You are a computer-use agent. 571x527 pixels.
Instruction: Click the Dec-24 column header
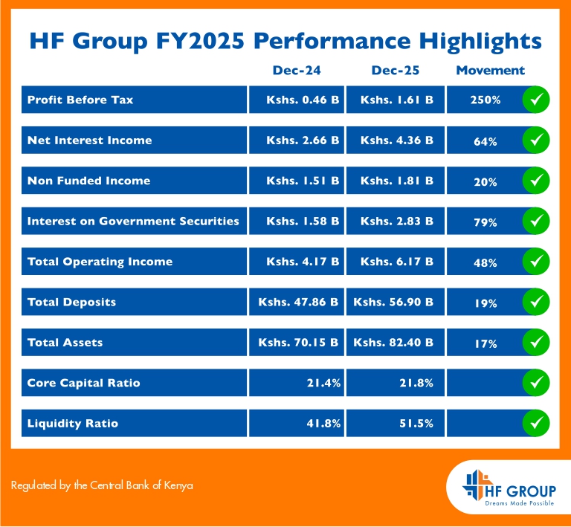tap(296, 71)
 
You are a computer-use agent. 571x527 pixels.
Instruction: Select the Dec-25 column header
tap(395, 71)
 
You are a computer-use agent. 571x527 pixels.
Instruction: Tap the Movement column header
tap(490, 71)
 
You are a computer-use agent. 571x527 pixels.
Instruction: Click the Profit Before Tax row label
tap(80, 100)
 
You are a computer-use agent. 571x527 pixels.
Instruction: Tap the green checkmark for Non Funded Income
tap(536, 181)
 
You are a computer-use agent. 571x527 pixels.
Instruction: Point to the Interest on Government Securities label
tap(133, 221)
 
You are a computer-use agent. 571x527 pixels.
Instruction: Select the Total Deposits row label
tap(71, 303)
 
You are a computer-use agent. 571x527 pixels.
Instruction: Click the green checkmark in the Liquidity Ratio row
tap(536, 424)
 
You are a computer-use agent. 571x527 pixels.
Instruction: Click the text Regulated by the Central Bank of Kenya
tap(102, 485)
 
